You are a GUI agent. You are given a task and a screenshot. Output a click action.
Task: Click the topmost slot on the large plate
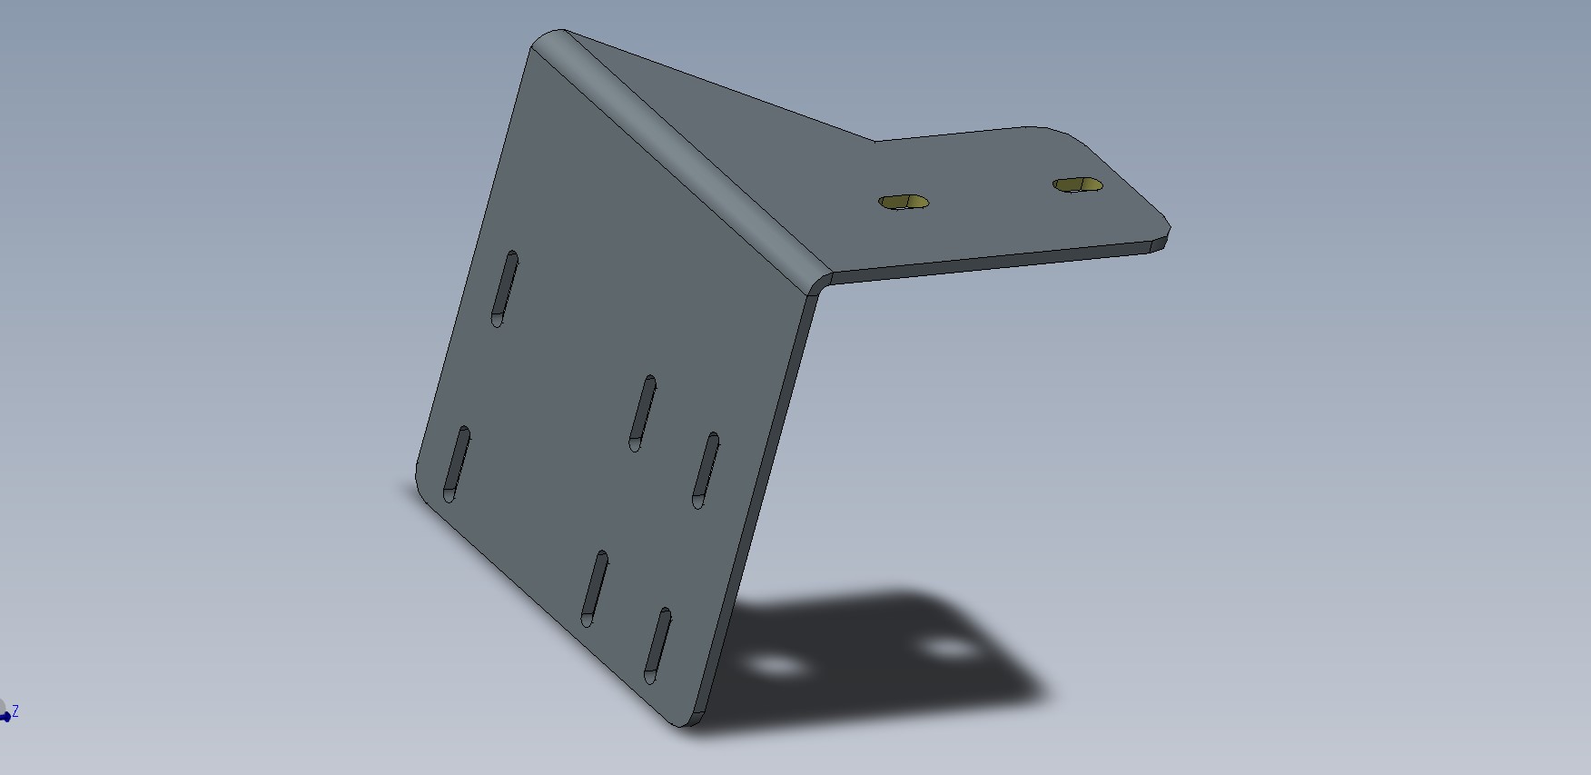coord(504,289)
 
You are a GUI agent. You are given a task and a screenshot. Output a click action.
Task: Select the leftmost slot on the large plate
coord(456,463)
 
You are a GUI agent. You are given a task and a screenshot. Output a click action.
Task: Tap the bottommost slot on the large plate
coord(657,646)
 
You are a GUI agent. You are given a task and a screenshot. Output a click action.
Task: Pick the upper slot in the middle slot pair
coord(643,412)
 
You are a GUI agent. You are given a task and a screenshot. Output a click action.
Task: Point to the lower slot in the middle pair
coord(594,589)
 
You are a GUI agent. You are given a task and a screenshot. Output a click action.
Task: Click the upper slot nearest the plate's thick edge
coord(706,470)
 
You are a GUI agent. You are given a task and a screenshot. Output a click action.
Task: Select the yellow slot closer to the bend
coord(904,202)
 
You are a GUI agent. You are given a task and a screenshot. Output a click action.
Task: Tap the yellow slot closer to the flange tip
coord(1078,185)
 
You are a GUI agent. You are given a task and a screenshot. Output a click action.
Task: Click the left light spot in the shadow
coord(776,668)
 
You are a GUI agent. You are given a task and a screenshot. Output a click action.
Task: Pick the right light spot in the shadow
coord(949,649)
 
